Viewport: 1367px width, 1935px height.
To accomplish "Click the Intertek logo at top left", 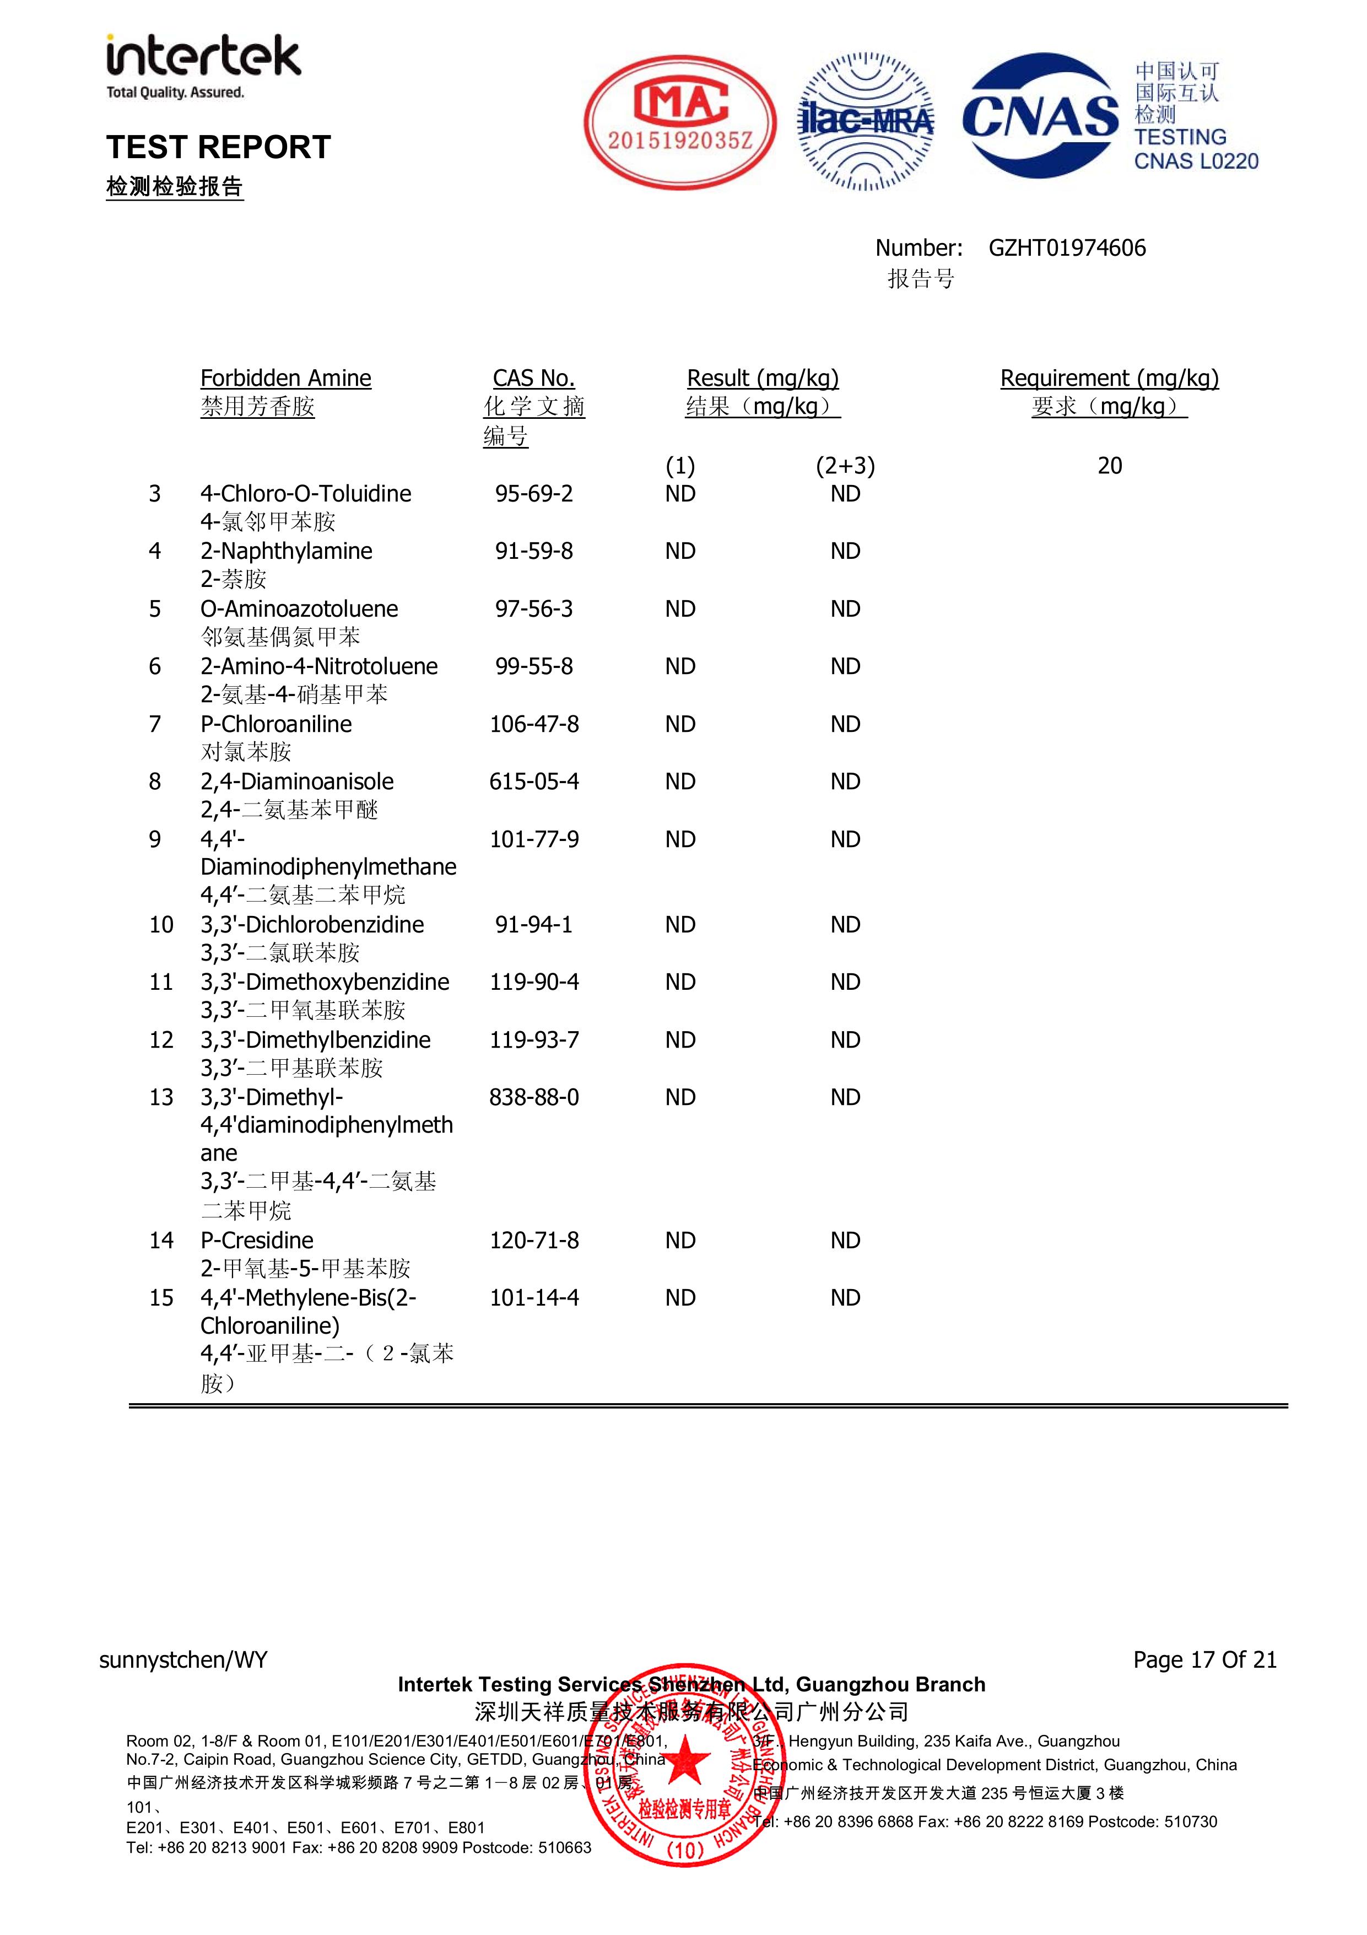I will pyautogui.click(x=203, y=66).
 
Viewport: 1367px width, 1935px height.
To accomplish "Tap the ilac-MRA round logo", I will pyautogui.click(x=866, y=122).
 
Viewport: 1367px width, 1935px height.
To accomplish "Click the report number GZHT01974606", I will pyautogui.click(x=1066, y=248).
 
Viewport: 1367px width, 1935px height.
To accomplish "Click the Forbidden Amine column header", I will pyautogui.click(x=286, y=379).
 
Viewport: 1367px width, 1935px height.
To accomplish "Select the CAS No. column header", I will pyautogui.click(x=533, y=379).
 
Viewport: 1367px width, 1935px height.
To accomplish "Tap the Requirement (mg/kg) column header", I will pyautogui.click(x=1109, y=379).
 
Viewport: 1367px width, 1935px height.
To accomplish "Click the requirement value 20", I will pyautogui.click(x=1109, y=466).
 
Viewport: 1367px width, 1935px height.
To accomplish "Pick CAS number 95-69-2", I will pyautogui.click(x=533, y=494).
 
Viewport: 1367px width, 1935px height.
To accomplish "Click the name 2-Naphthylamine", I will pyautogui.click(x=286, y=551).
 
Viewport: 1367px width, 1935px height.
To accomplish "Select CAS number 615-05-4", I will pyautogui.click(x=533, y=782).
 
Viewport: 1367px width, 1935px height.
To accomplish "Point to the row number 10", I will pyautogui.click(x=161, y=925).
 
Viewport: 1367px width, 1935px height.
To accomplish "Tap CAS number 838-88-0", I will pyautogui.click(x=533, y=1097).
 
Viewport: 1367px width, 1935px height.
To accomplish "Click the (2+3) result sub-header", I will pyautogui.click(x=845, y=466).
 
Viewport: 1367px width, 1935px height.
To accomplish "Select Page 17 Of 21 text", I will pyautogui.click(x=1204, y=1659).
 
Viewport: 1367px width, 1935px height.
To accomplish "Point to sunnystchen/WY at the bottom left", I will pyautogui.click(x=183, y=1659).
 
